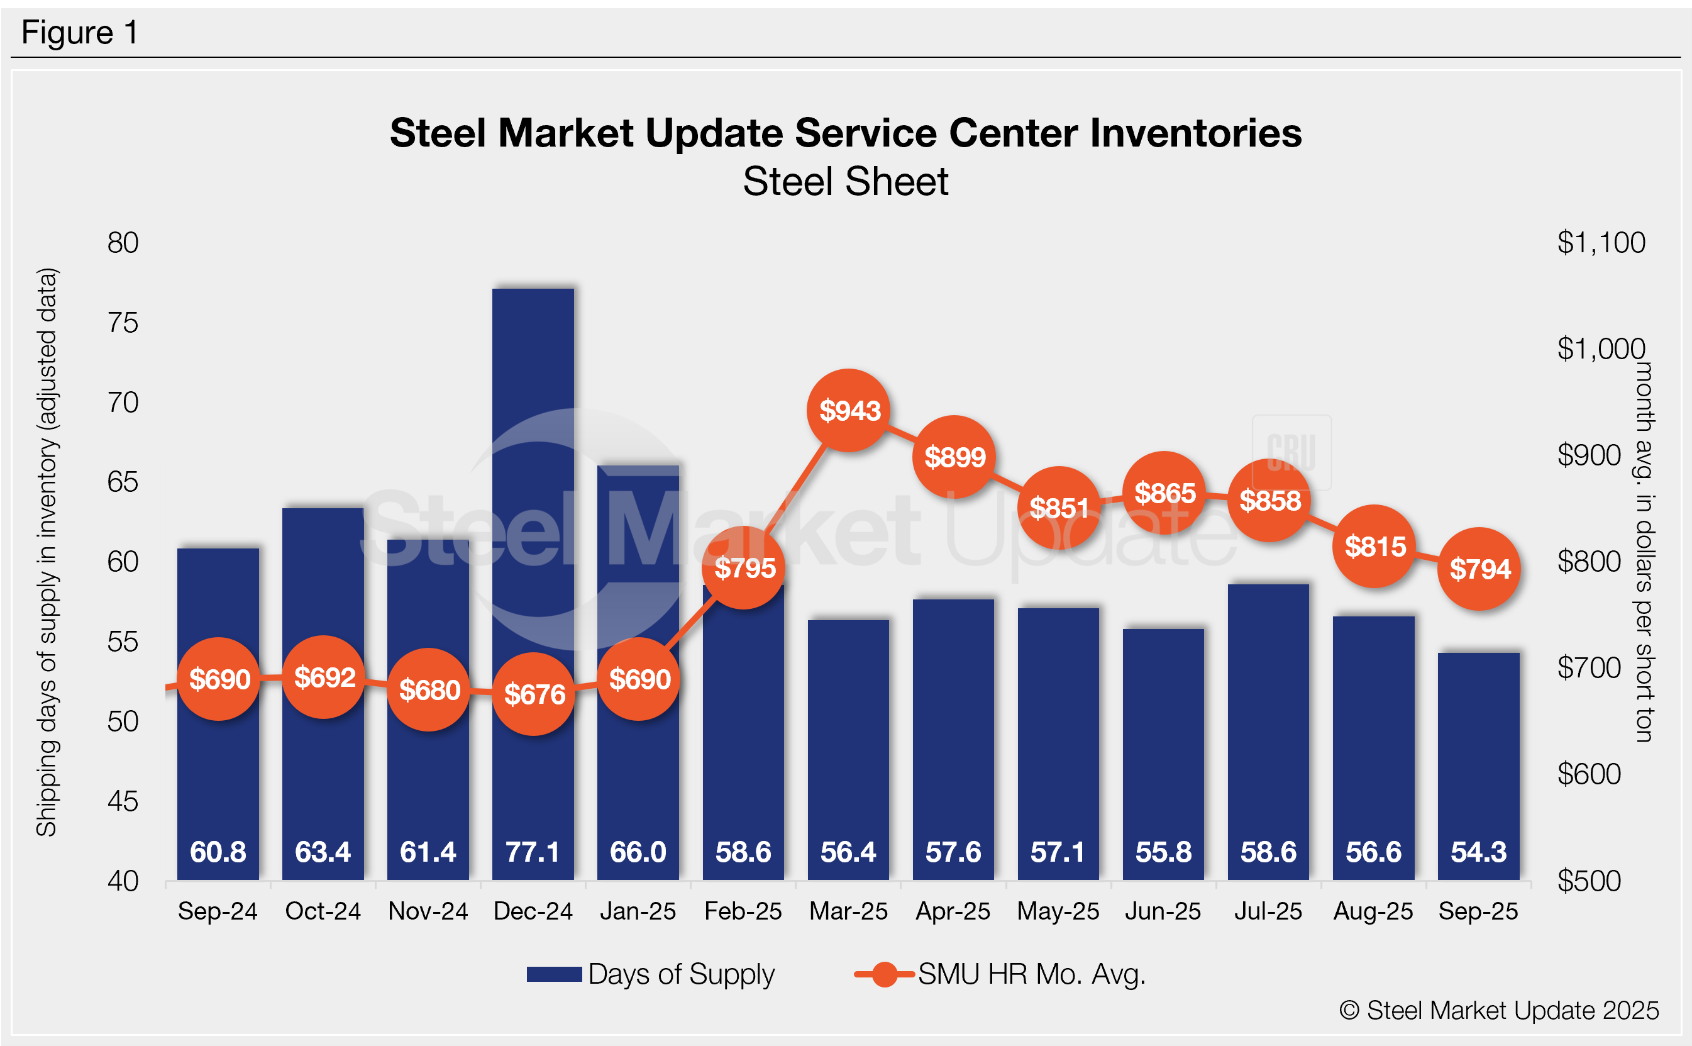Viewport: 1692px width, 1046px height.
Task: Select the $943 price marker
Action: (849, 410)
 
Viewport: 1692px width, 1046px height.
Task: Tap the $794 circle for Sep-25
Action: (1479, 569)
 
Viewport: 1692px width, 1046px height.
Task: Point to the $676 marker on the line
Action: (534, 693)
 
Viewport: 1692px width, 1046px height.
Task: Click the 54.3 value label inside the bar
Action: (1478, 852)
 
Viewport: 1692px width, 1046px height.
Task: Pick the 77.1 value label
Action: (533, 852)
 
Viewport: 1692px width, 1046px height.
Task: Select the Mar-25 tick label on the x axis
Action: (848, 911)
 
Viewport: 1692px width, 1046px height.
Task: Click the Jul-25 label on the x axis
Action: (1268, 911)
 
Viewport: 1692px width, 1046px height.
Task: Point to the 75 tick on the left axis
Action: (123, 323)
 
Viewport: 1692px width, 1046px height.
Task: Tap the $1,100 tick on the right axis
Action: (1601, 243)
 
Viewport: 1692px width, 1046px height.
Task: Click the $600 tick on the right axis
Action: (1589, 774)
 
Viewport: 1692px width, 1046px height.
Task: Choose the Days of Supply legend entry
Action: (650, 974)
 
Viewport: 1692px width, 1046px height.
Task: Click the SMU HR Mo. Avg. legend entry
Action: (1000, 974)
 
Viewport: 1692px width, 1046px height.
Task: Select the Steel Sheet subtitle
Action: (846, 182)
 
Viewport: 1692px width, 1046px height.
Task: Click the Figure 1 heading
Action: (79, 33)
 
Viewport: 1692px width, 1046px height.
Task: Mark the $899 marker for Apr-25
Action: (954, 457)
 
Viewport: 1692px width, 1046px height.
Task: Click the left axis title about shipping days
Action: (47, 552)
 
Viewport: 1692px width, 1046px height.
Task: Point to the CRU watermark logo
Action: (1291, 452)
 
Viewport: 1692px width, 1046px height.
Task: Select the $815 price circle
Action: (1374, 547)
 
